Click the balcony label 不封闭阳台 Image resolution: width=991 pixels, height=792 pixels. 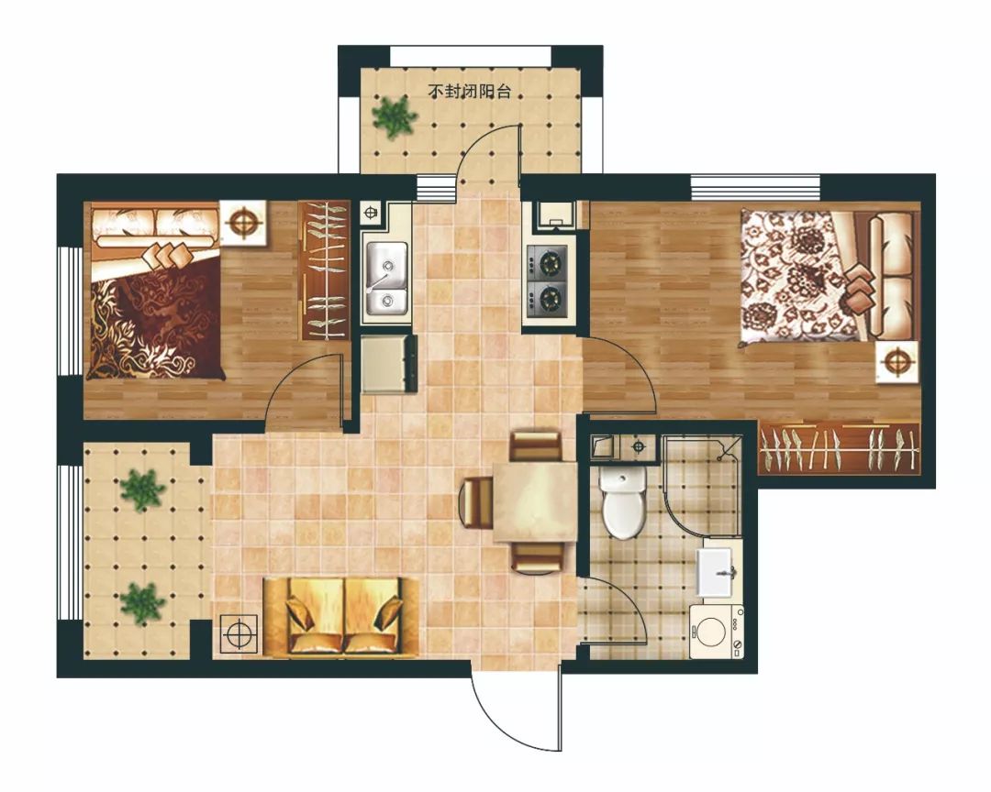469,92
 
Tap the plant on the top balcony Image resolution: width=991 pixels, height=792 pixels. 395,115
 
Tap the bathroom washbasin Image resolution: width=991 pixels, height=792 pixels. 717,572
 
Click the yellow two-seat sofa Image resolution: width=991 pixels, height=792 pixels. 341,616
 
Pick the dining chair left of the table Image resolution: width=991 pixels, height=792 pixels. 475,502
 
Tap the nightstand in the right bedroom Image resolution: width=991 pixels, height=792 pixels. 897,362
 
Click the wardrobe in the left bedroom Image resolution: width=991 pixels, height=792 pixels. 324,271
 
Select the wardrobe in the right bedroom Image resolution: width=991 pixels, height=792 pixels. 840,448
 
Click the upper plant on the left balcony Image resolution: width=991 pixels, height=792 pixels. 143,489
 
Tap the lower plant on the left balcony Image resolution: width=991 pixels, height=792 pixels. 143,603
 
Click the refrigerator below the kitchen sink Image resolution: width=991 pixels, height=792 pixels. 388,365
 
